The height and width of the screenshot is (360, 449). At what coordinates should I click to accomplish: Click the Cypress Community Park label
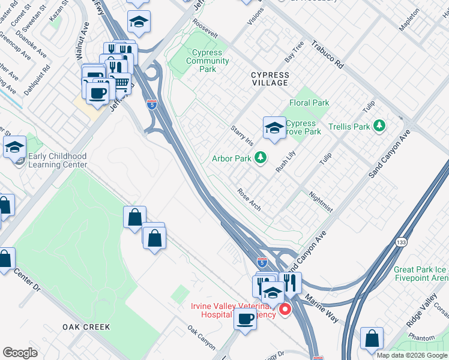(208, 61)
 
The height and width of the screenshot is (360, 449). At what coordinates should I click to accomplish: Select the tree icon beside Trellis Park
(379, 126)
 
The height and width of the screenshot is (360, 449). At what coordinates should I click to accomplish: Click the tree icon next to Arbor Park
(260, 158)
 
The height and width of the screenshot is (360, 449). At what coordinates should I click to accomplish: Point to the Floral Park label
(309, 103)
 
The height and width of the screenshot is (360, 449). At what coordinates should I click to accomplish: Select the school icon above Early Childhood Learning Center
(14, 146)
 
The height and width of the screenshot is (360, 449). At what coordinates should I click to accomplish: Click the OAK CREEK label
(86, 327)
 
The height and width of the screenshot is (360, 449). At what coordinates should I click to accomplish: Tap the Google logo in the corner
(20, 353)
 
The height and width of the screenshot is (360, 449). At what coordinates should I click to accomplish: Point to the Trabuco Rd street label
(327, 55)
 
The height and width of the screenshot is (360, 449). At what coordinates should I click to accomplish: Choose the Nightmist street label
(321, 202)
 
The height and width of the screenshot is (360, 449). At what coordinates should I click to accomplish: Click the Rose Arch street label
(249, 199)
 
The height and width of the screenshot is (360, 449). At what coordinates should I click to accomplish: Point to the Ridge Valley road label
(423, 310)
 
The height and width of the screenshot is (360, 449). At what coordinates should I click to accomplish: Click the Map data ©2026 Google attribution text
(411, 355)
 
